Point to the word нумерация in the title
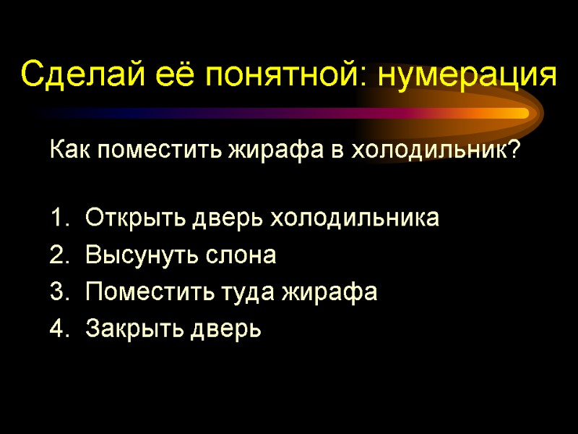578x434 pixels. [x=467, y=75]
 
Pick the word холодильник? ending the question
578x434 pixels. [x=447, y=151]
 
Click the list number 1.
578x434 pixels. [x=57, y=218]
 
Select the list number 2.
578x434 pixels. [x=57, y=255]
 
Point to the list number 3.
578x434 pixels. [x=57, y=292]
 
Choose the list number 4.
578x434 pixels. [x=57, y=330]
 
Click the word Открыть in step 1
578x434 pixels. [x=135, y=218]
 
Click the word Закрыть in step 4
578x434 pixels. [x=135, y=330]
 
